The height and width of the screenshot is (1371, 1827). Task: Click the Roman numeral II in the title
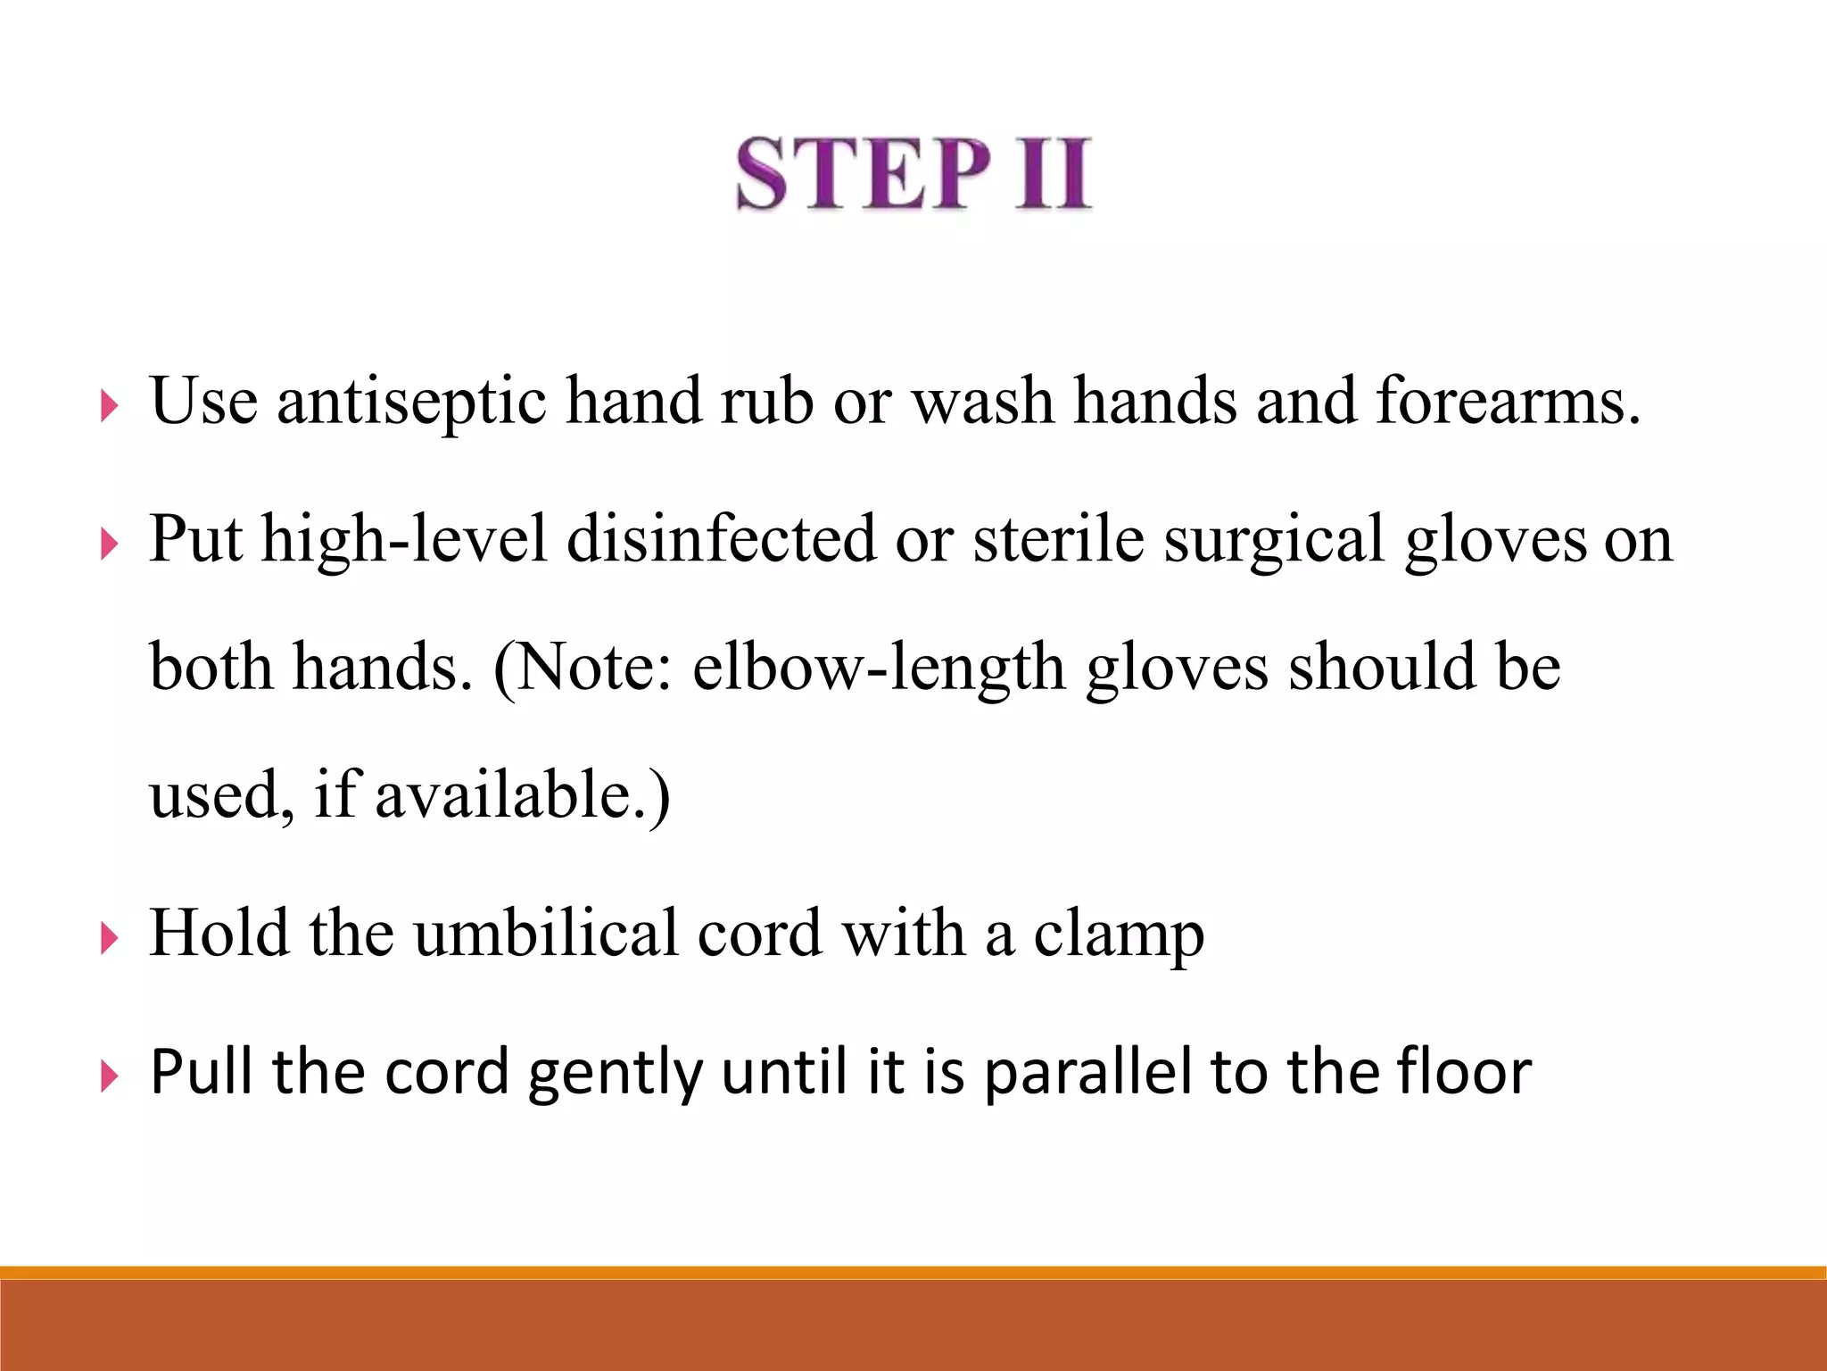click(x=1053, y=174)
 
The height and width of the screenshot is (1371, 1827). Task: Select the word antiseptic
click(x=411, y=402)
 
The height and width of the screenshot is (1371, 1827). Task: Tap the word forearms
click(x=1507, y=402)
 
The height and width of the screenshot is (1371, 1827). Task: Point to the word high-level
click(x=403, y=540)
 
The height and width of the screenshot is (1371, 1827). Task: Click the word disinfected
click(x=721, y=540)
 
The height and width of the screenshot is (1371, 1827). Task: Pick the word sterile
click(x=1058, y=540)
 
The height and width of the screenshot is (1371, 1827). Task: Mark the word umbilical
click(x=545, y=934)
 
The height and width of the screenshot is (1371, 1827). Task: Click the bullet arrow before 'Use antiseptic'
click(x=110, y=408)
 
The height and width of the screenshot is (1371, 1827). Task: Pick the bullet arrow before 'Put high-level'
click(x=110, y=544)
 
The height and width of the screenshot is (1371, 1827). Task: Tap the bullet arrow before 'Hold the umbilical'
click(x=110, y=939)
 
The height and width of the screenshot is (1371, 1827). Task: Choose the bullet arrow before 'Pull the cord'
click(x=110, y=1077)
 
